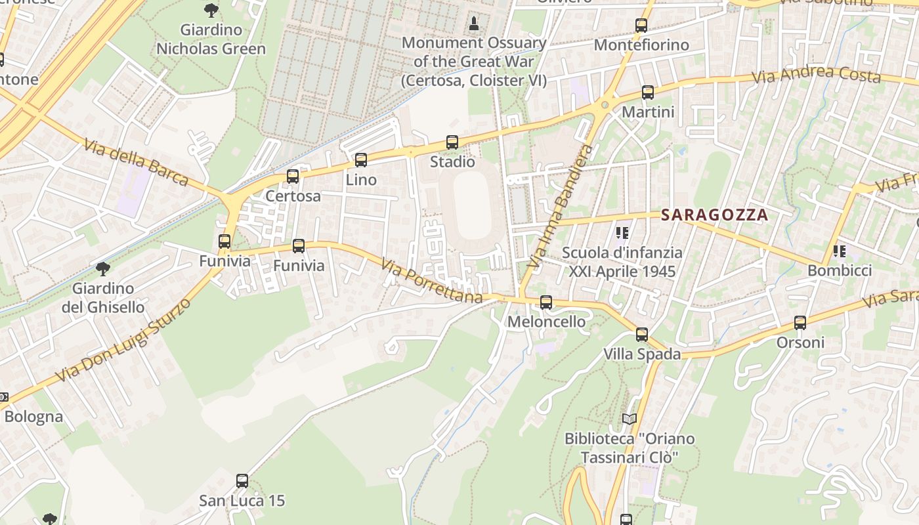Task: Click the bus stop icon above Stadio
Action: point(452,142)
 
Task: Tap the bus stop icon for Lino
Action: point(360,160)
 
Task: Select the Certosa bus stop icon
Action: point(293,177)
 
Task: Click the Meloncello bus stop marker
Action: point(545,303)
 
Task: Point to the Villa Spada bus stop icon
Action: point(641,335)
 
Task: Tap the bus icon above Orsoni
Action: point(800,323)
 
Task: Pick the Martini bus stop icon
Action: point(648,93)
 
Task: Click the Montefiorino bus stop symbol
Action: point(641,26)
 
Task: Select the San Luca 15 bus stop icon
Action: point(242,481)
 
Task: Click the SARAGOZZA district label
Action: point(714,215)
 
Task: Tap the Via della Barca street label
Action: point(136,161)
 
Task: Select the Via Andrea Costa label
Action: point(815,74)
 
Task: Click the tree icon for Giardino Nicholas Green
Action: point(211,10)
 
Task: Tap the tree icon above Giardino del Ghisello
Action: point(102,268)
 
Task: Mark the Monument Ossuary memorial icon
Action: point(474,24)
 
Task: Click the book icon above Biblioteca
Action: point(629,419)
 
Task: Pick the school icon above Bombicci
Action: point(839,251)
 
